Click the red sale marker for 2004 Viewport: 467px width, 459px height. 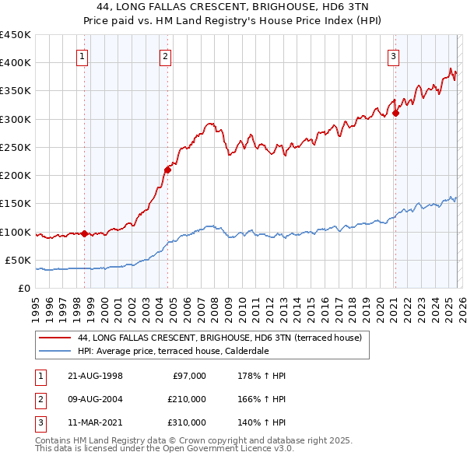tap(167, 170)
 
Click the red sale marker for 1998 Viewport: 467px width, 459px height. tap(85, 233)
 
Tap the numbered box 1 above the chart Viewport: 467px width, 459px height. tap(83, 55)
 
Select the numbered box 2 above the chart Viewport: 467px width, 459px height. tap(166, 55)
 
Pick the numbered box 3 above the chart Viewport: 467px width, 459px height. tap(394, 55)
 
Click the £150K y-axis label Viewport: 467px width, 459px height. tap(16, 204)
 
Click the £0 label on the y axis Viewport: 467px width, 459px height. tap(25, 289)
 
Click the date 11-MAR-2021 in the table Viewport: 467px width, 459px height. tap(94, 422)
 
